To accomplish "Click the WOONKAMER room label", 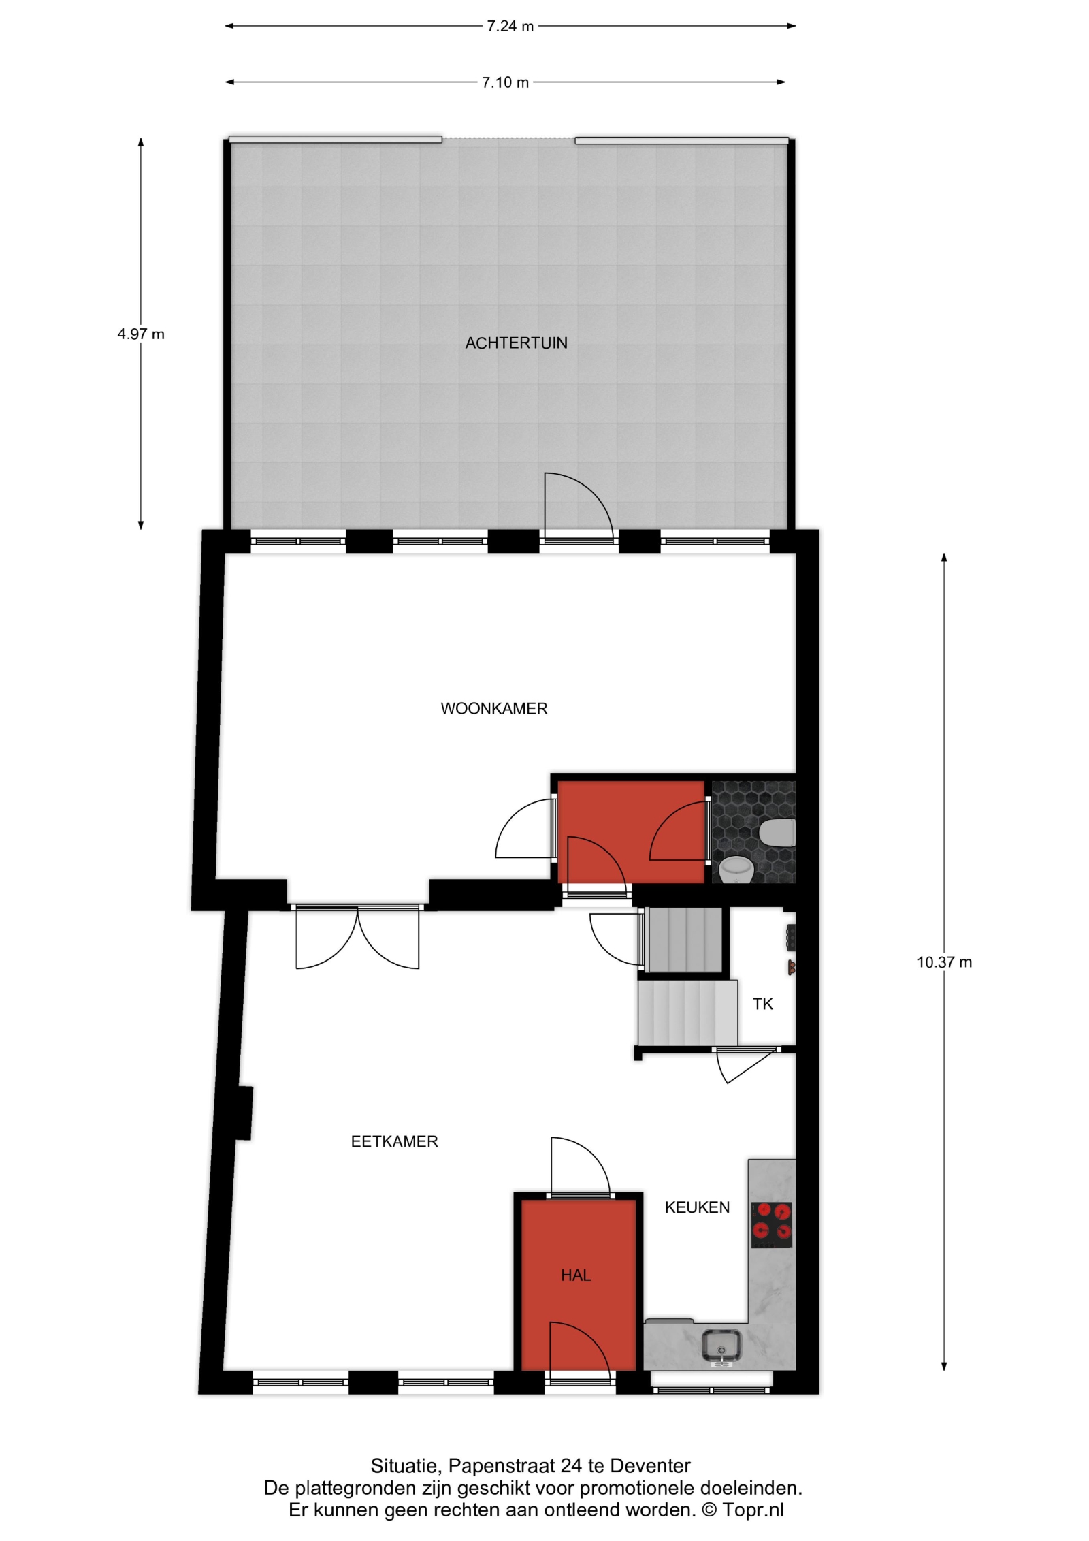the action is [x=493, y=708].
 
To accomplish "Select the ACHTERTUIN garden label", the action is [x=516, y=343].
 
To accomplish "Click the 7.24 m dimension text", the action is [x=510, y=27].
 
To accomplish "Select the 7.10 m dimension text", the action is [x=505, y=83].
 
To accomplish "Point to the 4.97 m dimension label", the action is [x=141, y=334].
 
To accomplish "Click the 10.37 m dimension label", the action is [x=944, y=962].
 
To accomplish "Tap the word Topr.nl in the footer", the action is [x=753, y=1510].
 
